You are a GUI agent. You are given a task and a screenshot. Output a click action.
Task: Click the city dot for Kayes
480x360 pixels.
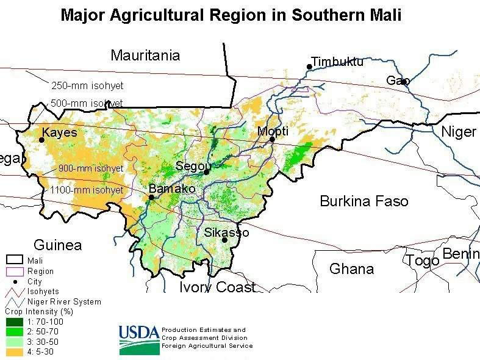pyautogui.click(x=42, y=140)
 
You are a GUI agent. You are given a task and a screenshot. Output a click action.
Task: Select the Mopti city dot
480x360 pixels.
pyautogui.click(x=272, y=139)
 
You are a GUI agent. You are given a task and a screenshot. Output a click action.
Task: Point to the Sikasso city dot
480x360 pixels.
pyautogui.click(x=225, y=240)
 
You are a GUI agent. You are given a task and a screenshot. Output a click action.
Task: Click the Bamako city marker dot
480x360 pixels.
pyautogui.click(x=151, y=197)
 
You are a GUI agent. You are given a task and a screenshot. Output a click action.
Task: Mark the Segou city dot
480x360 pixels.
pyautogui.click(x=207, y=172)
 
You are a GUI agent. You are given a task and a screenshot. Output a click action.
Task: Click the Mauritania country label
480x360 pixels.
pyautogui.click(x=145, y=56)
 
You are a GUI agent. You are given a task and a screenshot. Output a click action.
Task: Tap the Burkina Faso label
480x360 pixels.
pyautogui.click(x=364, y=201)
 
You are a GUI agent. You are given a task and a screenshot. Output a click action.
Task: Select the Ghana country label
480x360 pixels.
pyautogui.click(x=351, y=268)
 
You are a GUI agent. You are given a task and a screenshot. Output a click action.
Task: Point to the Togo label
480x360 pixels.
pyautogui.click(x=423, y=261)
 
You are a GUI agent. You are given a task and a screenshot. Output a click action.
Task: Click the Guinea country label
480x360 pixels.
pyautogui.click(x=57, y=245)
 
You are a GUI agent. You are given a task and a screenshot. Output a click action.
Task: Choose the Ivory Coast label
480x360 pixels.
pyautogui.click(x=217, y=287)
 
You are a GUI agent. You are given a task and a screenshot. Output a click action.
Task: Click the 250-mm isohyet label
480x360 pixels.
pyautogui.click(x=87, y=86)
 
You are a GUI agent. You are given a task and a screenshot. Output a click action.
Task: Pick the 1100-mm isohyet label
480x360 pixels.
pyautogui.click(x=87, y=190)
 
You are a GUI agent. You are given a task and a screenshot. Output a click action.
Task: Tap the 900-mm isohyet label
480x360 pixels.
pyautogui.click(x=91, y=168)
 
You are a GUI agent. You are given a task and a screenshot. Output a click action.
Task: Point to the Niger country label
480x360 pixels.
pyautogui.click(x=458, y=132)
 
